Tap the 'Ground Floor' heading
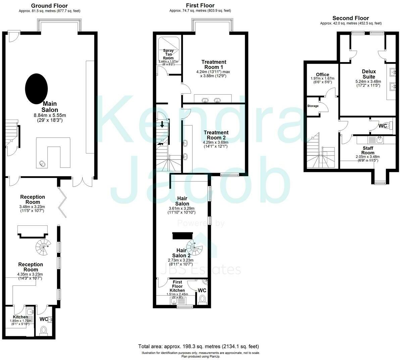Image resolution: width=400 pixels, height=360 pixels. [x=49, y=6]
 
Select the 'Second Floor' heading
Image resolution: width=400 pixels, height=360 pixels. [x=350, y=18]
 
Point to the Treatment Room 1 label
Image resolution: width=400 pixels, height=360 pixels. [x=214, y=64]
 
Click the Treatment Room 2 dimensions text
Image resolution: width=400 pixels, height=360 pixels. [x=216, y=144]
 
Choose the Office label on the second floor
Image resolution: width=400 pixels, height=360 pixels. [x=322, y=75]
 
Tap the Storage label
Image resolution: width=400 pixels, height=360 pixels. [x=313, y=106]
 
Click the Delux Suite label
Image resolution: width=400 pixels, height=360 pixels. [x=369, y=74]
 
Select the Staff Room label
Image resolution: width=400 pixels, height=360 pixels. [x=368, y=150]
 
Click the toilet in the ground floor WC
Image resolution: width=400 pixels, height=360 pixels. [x=44, y=330]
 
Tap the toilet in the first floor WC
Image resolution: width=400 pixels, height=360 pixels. [x=202, y=299]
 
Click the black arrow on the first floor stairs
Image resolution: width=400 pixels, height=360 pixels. [x=162, y=124]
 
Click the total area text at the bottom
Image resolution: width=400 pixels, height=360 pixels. [x=198, y=346]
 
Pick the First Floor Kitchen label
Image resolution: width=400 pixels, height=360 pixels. [x=177, y=286]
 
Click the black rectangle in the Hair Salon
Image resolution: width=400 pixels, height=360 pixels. [x=183, y=235]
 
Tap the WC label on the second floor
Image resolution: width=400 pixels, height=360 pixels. [x=383, y=126]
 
